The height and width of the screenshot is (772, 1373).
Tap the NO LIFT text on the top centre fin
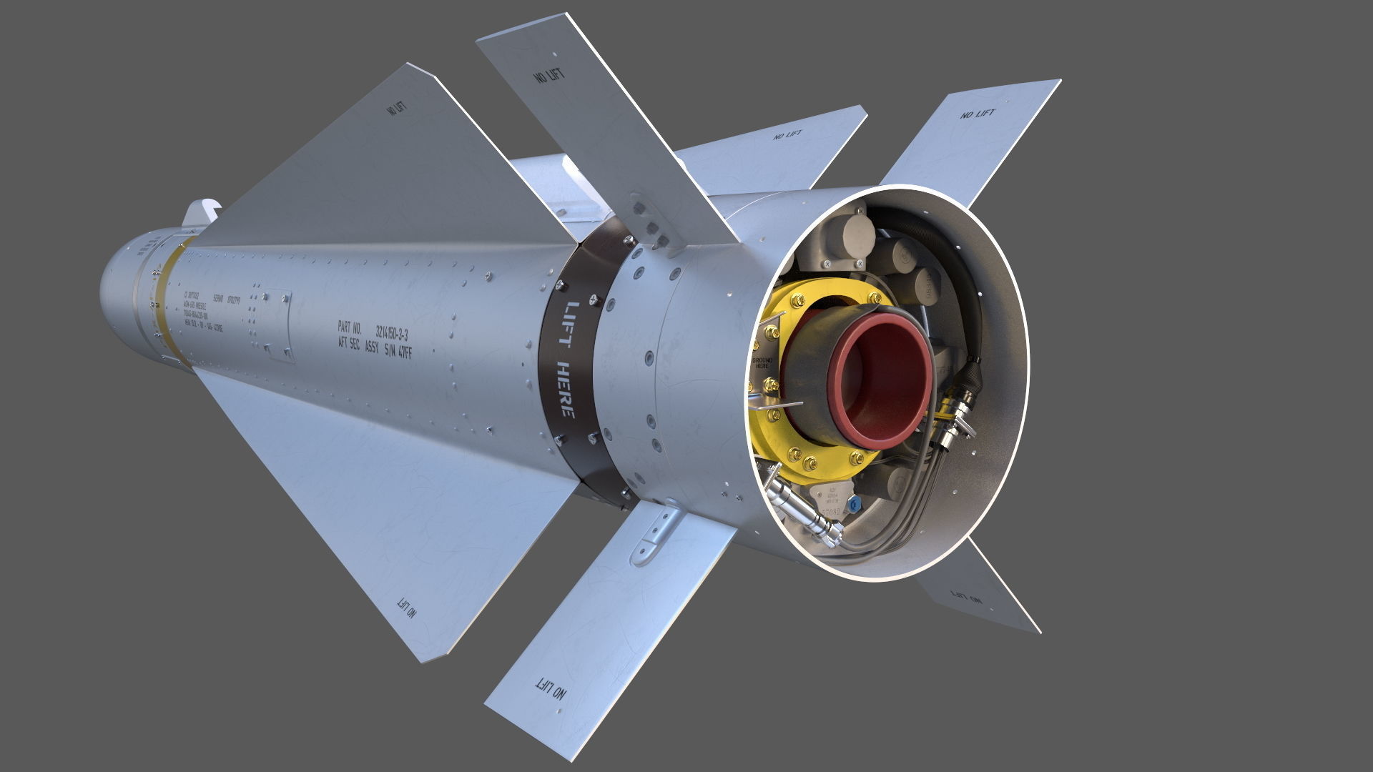point(548,74)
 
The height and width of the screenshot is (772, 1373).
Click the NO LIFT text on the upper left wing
point(395,109)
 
